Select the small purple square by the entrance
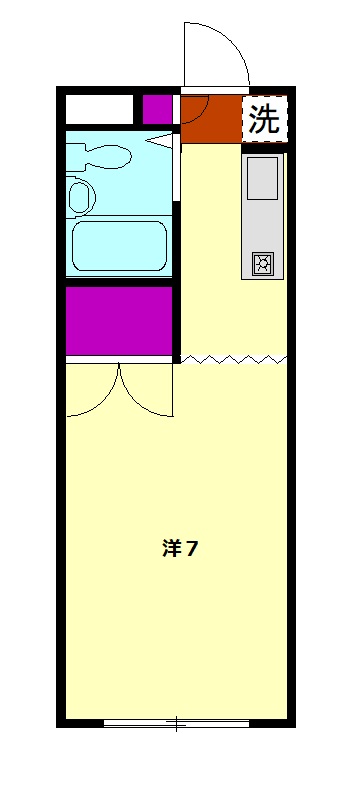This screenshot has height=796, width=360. click(x=156, y=108)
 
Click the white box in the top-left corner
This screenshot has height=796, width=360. click(x=99, y=108)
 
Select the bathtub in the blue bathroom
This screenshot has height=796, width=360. click(x=120, y=245)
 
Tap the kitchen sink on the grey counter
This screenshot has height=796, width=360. click(x=263, y=178)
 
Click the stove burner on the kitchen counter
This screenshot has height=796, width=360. click(x=263, y=263)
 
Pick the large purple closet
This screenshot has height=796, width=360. click(x=120, y=320)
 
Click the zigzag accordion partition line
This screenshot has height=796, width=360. click(x=235, y=358)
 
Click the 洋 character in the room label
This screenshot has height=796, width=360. click(x=171, y=548)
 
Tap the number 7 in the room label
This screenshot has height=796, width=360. click(x=191, y=548)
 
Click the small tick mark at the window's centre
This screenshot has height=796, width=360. click(x=176, y=722)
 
